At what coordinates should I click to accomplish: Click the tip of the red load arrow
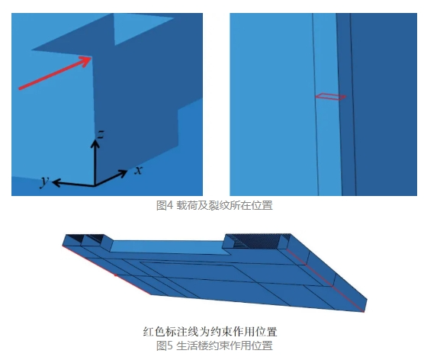pyautogui.click(x=91, y=57)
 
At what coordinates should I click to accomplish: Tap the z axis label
pyautogui.click(x=101, y=135)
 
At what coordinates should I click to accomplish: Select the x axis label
pyautogui.click(x=138, y=170)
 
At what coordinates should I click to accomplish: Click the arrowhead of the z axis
pyautogui.click(x=95, y=143)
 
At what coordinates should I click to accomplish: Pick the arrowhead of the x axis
pyautogui.click(x=123, y=173)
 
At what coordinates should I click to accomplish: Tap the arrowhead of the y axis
pyautogui.click(x=56, y=182)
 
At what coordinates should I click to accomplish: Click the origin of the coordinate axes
pyautogui.click(x=95, y=186)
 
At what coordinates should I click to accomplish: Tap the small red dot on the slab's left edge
pyautogui.click(x=115, y=275)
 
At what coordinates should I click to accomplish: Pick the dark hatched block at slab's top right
pyautogui.click(x=259, y=242)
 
